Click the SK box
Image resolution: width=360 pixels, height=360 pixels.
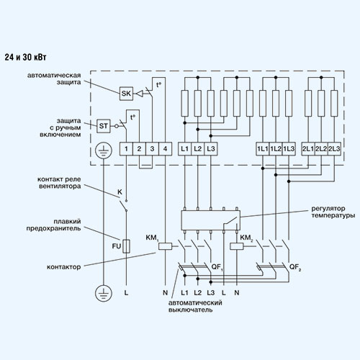click(x=126, y=94)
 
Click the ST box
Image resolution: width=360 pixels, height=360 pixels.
click(x=104, y=126)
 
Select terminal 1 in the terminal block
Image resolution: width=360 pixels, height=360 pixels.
click(x=126, y=149)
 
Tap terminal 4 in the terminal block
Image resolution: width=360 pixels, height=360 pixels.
click(x=165, y=149)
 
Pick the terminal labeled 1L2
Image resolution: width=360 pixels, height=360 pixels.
click(x=276, y=149)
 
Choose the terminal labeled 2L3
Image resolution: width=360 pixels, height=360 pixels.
click(x=334, y=149)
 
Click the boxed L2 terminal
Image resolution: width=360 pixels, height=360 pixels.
click(x=198, y=149)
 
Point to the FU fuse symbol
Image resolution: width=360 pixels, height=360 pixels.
click(x=127, y=246)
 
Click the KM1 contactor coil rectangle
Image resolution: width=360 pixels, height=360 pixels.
click(x=165, y=246)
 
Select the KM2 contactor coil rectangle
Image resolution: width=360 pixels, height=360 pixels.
click(x=237, y=246)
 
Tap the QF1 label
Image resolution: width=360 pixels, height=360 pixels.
click(x=217, y=267)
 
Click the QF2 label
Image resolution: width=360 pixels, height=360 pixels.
click(x=295, y=267)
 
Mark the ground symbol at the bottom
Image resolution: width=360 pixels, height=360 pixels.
click(x=104, y=293)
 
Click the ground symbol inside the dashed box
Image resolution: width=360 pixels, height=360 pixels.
click(x=104, y=150)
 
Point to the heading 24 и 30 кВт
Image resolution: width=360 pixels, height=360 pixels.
click(x=25, y=58)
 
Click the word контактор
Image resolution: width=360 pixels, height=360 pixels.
click(x=64, y=267)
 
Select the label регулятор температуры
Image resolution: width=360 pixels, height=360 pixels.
click(x=333, y=212)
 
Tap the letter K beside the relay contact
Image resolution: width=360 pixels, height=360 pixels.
click(x=120, y=192)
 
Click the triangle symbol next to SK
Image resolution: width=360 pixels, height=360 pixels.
click(x=140, y=94)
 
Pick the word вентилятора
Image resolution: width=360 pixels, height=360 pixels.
click(x=60, y=186)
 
